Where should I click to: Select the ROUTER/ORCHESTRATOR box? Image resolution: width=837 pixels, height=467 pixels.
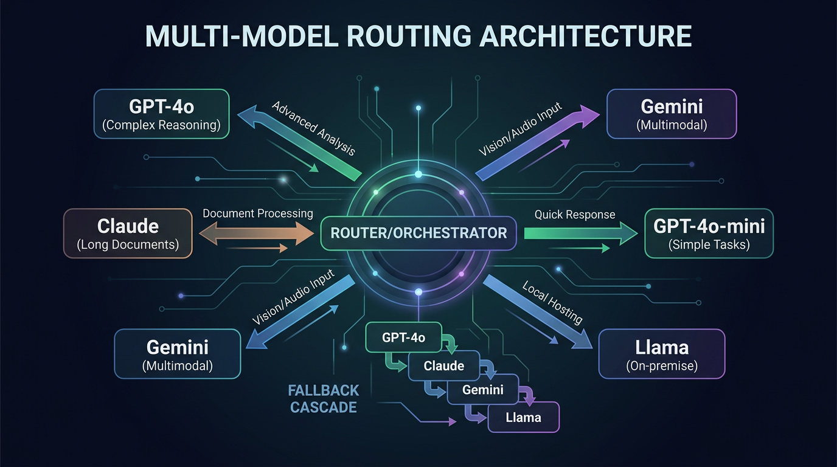[x=418, y=232]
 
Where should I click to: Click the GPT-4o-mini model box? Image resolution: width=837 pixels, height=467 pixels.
[x=709, y=234]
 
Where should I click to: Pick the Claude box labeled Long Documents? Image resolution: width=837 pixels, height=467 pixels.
[x=128, y=233]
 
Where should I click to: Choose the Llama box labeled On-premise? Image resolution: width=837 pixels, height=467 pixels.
[x=662, y=355]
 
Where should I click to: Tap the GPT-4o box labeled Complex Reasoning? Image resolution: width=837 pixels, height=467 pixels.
[x=161, y=114]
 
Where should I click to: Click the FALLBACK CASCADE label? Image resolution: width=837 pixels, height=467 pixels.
[x=324, y=398]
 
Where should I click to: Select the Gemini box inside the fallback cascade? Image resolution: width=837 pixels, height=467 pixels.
[x=482, y=390]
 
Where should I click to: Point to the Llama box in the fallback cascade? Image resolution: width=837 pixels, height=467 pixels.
[x=523, y=418]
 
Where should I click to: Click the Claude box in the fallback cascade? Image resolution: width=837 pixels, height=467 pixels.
[x=443, y=366]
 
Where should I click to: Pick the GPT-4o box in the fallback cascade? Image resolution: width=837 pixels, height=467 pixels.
[x=403, y=337]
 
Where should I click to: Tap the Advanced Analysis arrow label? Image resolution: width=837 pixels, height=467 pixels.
[x=313, y=129]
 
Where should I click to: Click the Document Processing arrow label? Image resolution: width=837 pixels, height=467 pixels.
[x=258, y=213]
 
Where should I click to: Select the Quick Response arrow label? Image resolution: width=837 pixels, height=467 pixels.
[x=575, y=215]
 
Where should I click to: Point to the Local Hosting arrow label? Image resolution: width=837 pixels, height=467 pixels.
[x=552, y=302]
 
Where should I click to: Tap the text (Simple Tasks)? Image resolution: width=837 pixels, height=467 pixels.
[x=709, y=245]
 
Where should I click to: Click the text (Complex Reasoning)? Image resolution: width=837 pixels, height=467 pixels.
[x=161, y=126]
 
